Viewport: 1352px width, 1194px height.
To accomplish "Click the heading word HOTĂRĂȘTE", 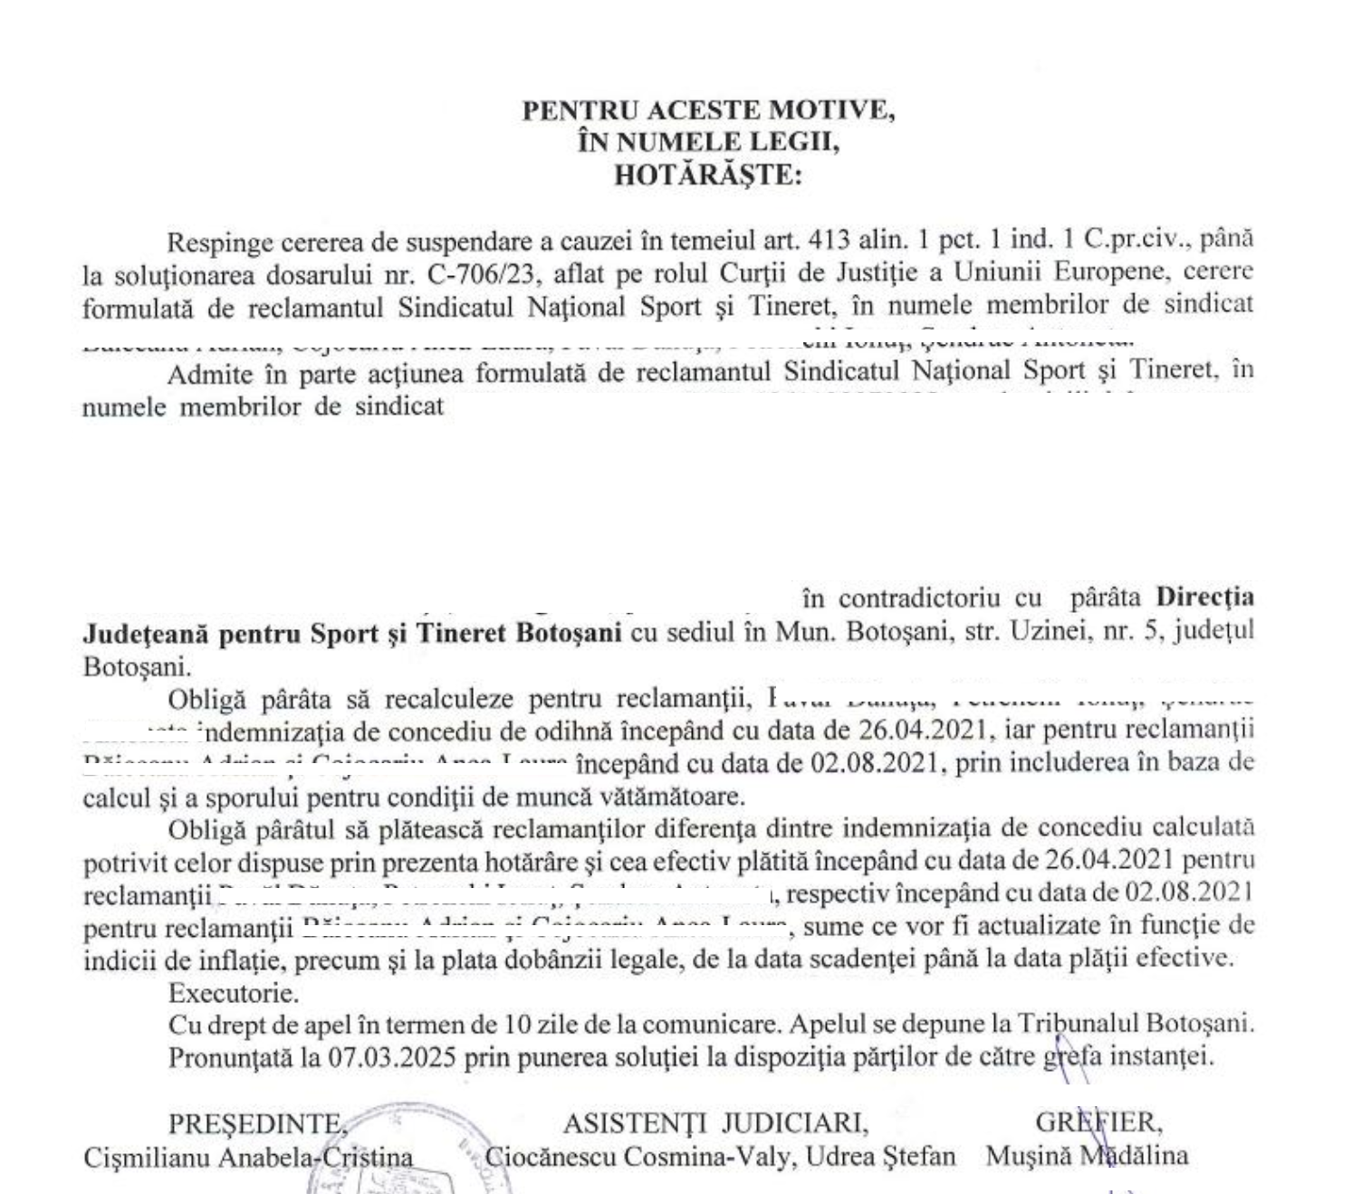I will click(x=708, y=175).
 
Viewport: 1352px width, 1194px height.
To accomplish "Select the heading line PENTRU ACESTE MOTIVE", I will click(x=708, y=110).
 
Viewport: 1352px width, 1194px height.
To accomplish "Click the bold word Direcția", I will click(x=1205, y=597).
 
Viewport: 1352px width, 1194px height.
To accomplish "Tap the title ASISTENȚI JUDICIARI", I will click(x=715, y=1123).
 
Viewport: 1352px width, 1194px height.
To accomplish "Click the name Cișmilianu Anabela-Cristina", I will click(x=248, y=1157).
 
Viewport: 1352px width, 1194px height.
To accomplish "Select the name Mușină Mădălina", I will click(x=1087, y=1156).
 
